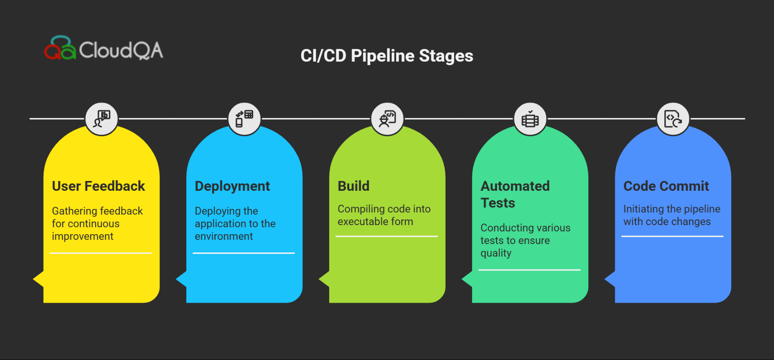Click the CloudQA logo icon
tap(60, 48)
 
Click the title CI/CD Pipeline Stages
tap(387, 56)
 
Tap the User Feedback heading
tap(98, 186)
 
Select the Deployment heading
tap(232, 186)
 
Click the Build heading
tap(353, 186)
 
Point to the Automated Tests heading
tap(515, 194)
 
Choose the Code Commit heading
tap(666, 186)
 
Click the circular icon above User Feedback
tap(102, 119)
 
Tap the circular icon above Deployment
tap(245, 119)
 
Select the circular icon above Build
tap(387, 119)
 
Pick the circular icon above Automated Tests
tap(530, 119)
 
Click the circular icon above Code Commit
tap(673, 119)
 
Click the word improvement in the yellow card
tap(82, 236)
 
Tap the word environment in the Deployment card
tap(224, 236)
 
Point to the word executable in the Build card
tap(358, 222)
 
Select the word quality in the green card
tap(496, 253)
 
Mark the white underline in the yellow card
tap(101, 253)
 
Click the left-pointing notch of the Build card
tap(324, 280)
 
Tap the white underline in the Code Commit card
tap(672, 236)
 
